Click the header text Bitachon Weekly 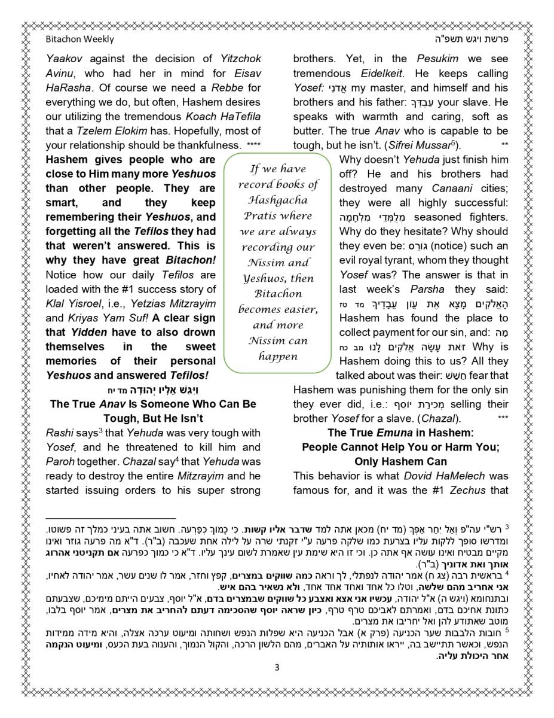pos(79,39)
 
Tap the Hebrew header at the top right pos(473,39)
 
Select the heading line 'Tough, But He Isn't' pos(153,418)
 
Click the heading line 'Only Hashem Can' pos(400,461)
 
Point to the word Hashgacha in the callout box pos(278,200)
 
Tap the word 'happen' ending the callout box pos(278,356)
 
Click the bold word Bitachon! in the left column pos(190,261)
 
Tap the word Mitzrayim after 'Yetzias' pos(190,304)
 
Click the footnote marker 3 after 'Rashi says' pos(102,430)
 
